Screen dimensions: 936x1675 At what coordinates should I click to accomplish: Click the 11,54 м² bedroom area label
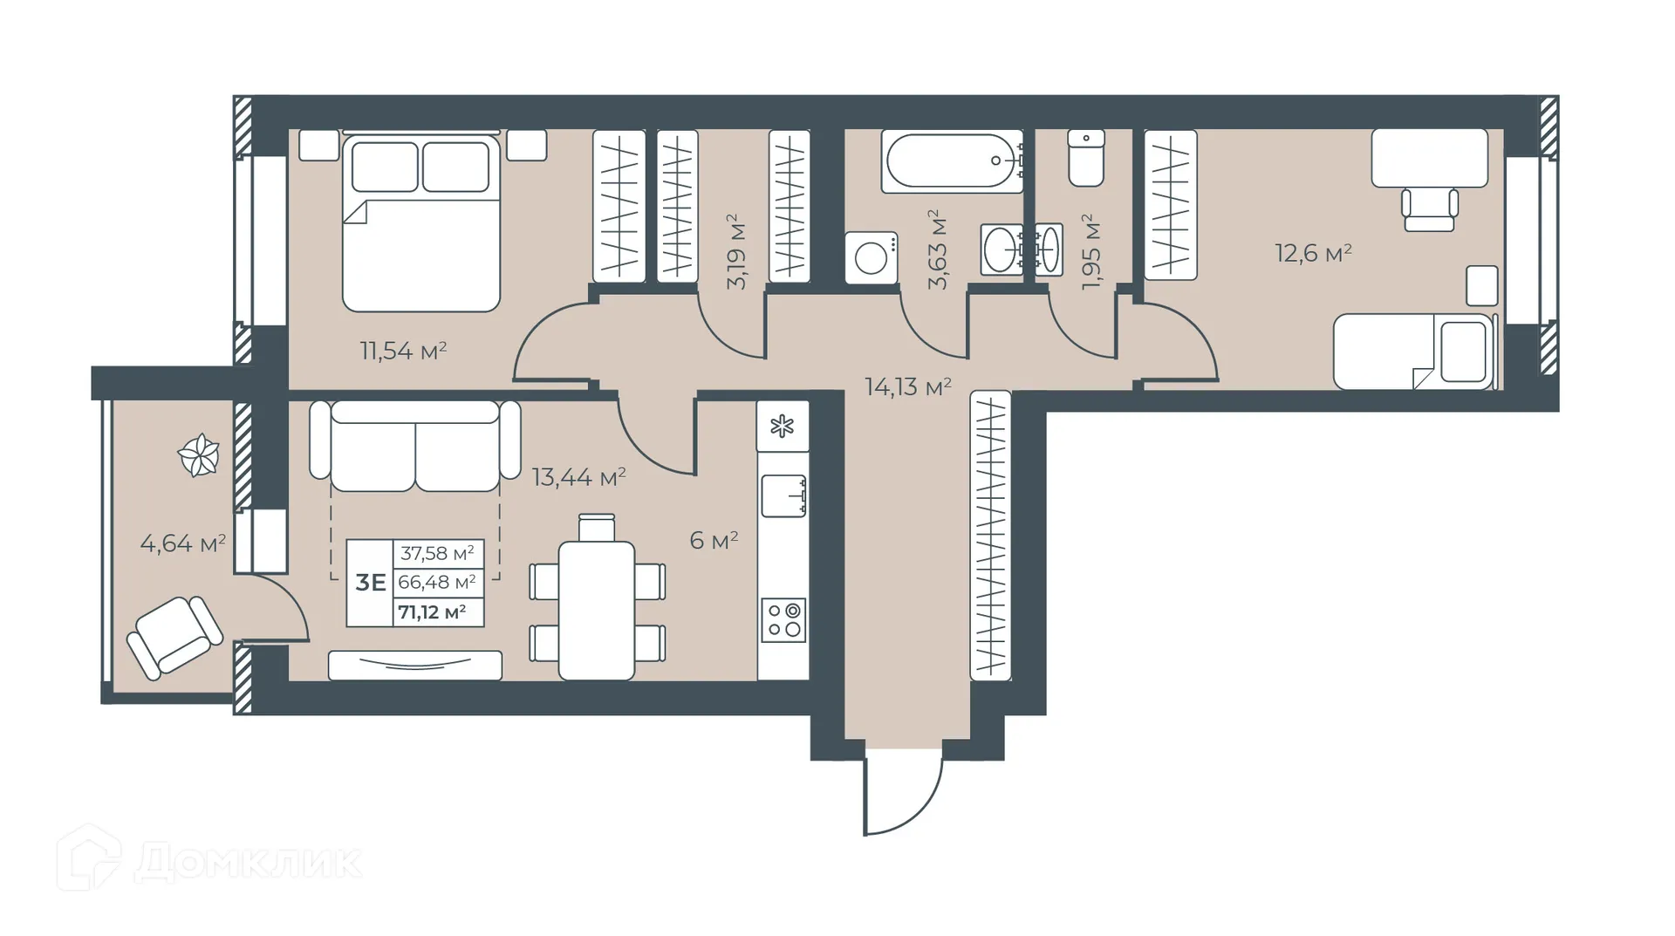[x=403, y=351]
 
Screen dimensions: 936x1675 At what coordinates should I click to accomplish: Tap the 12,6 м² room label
[x=1313, y=254]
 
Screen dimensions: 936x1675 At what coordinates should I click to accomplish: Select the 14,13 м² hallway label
[x=907, y=386]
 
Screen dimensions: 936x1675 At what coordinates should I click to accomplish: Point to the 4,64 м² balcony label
[x=182, y=543]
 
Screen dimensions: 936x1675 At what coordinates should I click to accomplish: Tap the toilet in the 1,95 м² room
[x=1086, y=158]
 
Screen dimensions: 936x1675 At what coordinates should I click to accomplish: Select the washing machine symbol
[x=871, y=257]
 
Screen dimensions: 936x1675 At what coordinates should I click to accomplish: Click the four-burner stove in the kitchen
[x=783, y=620]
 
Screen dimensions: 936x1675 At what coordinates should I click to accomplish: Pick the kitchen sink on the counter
[x=783, y=495]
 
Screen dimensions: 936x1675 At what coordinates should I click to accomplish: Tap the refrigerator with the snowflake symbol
[x=783, y=427]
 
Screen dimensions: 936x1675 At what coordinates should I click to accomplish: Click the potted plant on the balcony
[x=198, y=454]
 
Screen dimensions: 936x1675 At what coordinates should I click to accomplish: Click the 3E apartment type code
[x=370, y=582]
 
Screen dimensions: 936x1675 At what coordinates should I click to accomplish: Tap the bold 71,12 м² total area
[x=432, y=612]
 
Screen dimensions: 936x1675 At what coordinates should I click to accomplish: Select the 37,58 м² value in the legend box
[x=437, y=553]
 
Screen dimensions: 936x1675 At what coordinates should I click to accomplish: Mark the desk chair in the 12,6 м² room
[x=1429, y=209]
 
